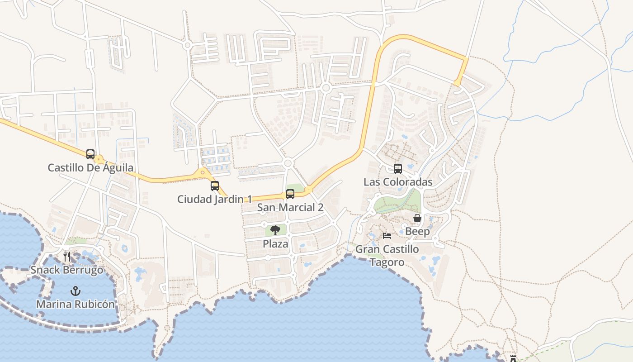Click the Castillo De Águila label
pos(90,168)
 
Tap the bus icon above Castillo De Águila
pos(90,154)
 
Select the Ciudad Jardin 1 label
pos(214,199)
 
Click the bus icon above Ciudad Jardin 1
pos(215,186)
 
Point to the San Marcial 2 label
pos(290,207)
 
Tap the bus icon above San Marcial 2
pos(290,194)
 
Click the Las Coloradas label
pos(398,182)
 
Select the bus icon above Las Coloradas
pos(398,168)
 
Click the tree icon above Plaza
pos(275,231)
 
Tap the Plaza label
pos(275,244)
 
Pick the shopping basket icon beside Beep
pos(417,218)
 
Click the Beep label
pos(417,231)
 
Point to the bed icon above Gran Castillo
pos(387,235)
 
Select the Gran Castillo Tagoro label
pos(387,256)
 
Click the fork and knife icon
pos(67,257)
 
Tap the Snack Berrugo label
pos(67,270)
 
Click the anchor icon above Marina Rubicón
pos(76,291)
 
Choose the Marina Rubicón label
pos(76,304)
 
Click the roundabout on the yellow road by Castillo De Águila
pos(99,159)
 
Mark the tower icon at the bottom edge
pos(513,358)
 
